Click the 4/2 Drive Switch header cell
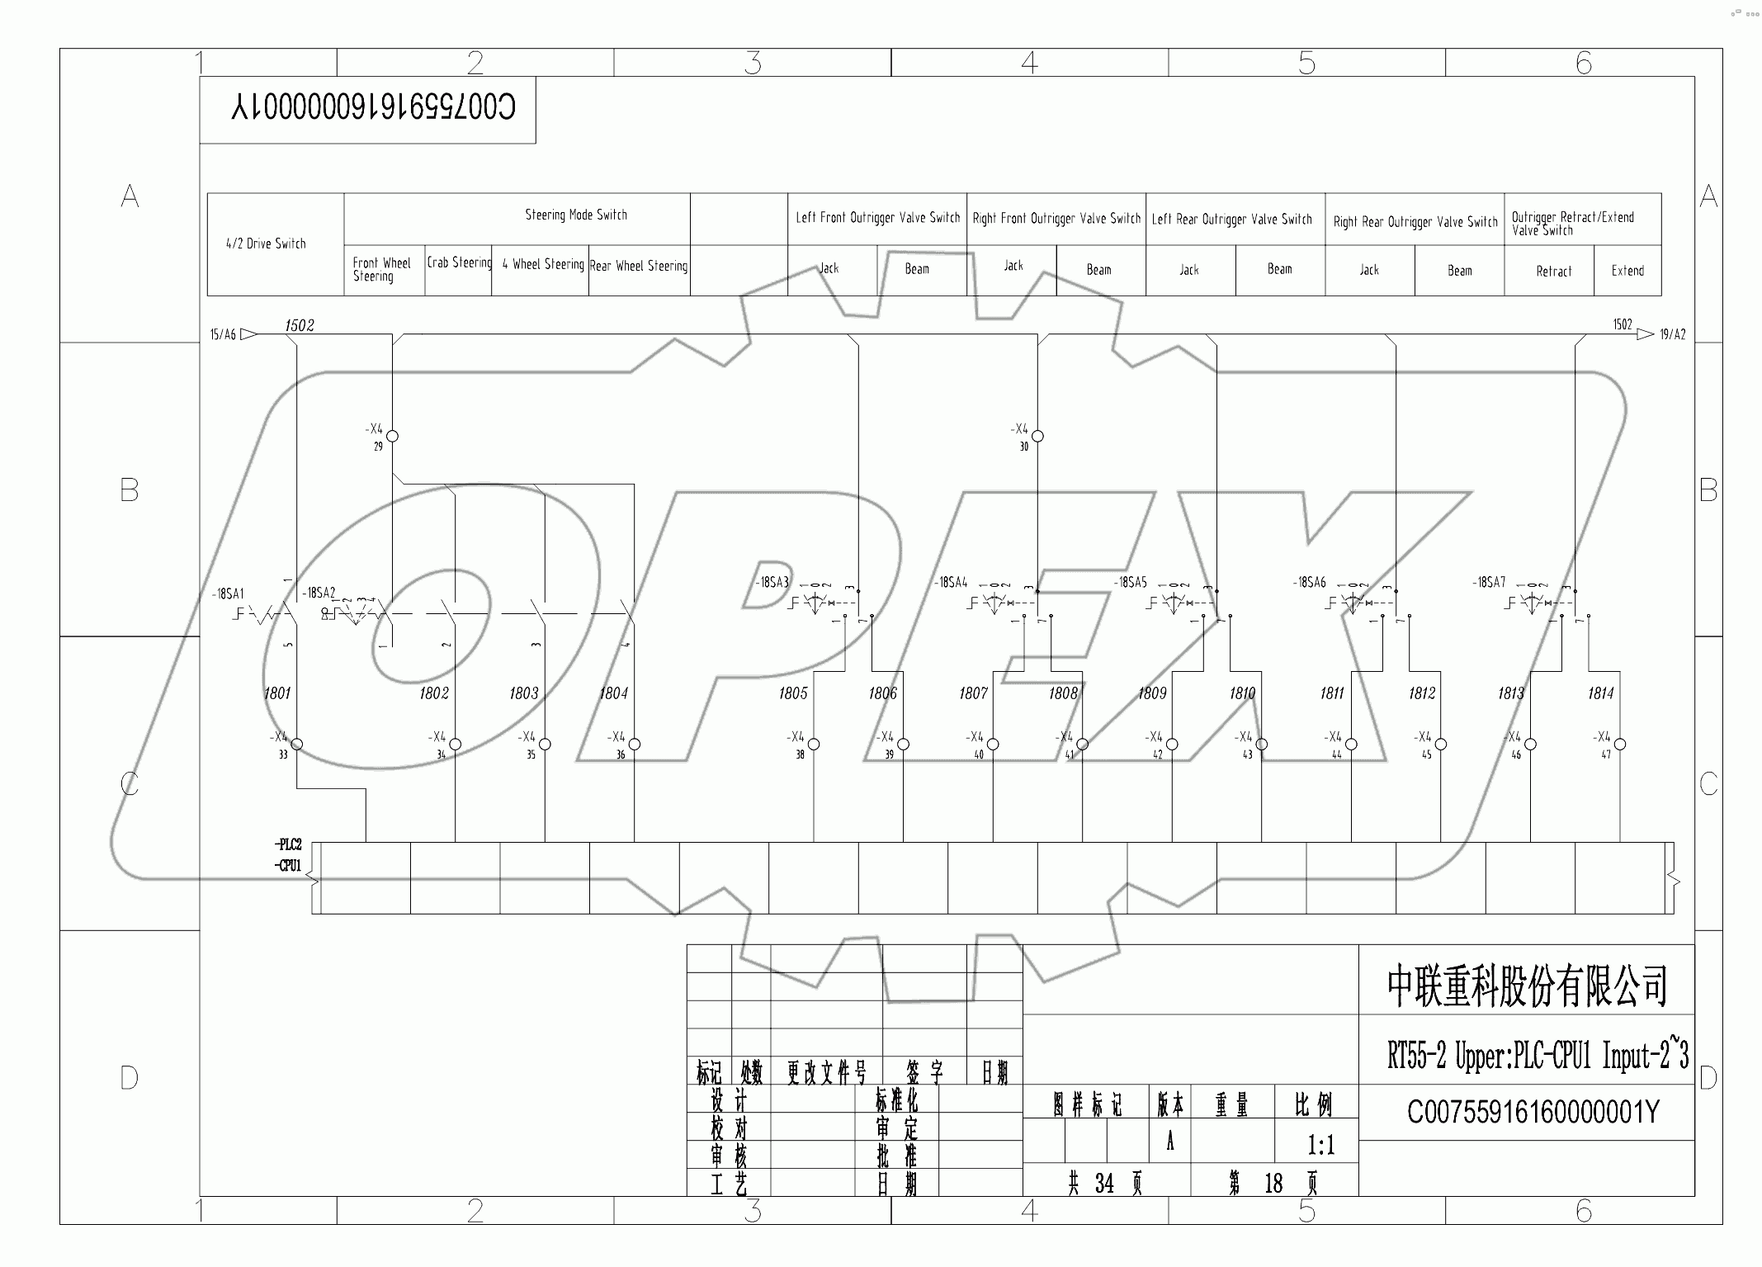click(x=266, y=243)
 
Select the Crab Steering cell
click(x=459, y=262)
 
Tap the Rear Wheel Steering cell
click(x=639, y=266)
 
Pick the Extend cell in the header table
click(x=1627, y=271)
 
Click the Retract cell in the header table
click(x=1553, y=271)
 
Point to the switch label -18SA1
click(x=228, y=594)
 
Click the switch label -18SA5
click(x=1130, y=583)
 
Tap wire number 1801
click(x=277, y=693)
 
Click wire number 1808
click(x=1063, y=693)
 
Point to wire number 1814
click(x=1600, y=693)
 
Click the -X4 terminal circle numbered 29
click(x=393, y=436)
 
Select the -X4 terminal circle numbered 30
click(x=1038, y=436)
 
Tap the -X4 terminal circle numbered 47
click(x=1620, y=745)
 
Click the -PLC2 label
click(x=288, y=844)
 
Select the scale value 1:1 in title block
click(x=1320, y=1145)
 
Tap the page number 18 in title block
click(x=1273, y=1184)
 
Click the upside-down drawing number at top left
click(x=373, y=108)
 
